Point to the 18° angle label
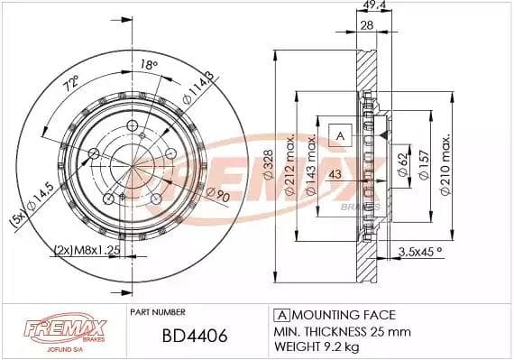click(x=149, y=64)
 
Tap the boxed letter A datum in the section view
click(x=340, y=135)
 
